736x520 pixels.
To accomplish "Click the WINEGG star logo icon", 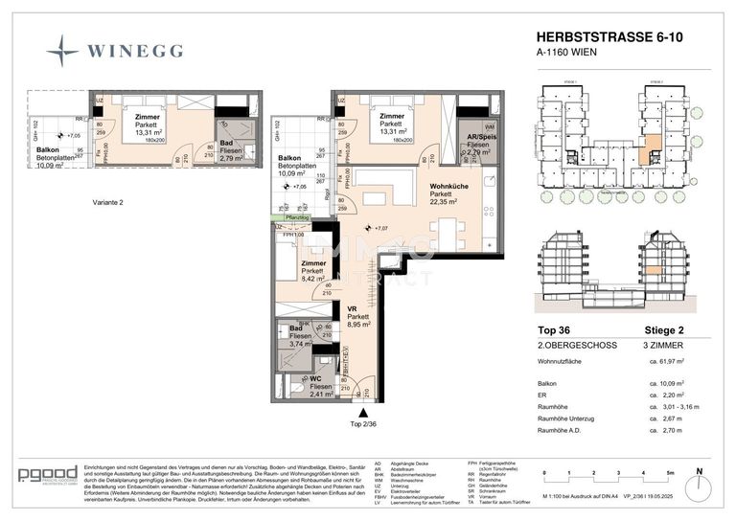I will coord(63,50).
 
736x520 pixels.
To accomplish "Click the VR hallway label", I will coord(352,306).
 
